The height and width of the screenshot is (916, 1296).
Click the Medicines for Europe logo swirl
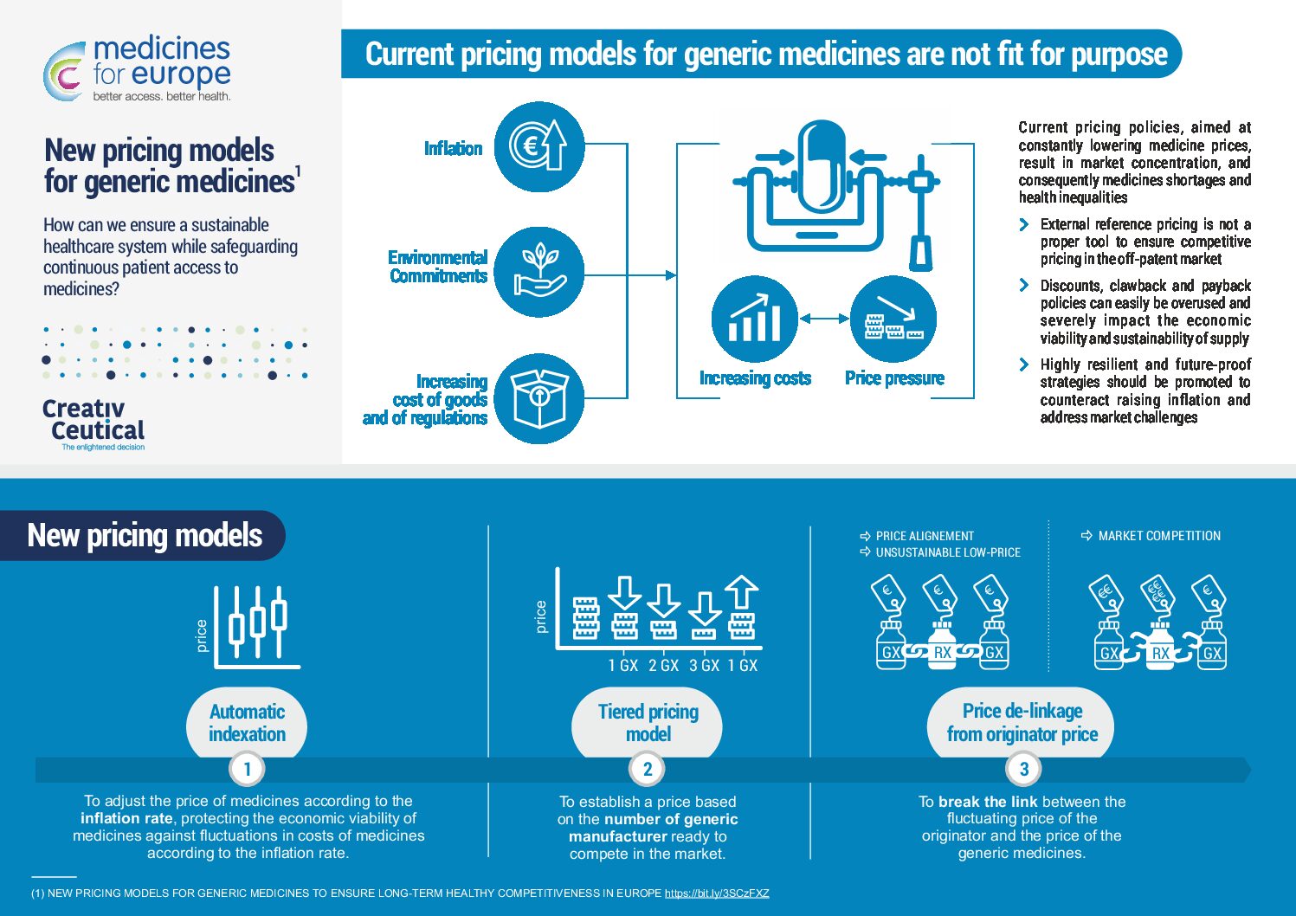[64, 72]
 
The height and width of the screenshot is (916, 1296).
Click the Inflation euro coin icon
[539, 146]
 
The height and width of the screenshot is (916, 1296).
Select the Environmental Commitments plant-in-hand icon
[539, 272]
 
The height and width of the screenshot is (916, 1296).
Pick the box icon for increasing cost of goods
[539, 398]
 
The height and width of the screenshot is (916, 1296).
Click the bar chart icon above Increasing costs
[754, 319]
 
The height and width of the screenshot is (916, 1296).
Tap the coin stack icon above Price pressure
[893, 319]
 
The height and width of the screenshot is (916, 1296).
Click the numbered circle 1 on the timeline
[247, 769]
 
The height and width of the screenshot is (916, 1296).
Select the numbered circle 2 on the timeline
[647, 769]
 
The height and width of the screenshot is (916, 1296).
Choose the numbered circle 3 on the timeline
[1023, 769]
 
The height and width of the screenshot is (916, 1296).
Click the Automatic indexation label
[247, 723]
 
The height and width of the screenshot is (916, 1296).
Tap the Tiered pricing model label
[648, 723]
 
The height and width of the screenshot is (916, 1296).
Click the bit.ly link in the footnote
[717, 893]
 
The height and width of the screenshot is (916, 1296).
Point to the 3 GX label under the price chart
[704, 666]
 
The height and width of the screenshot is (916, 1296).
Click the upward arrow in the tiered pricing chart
[742, 591]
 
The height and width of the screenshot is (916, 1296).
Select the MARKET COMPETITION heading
[1159, 536]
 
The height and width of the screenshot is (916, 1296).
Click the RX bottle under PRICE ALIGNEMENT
[943, 644]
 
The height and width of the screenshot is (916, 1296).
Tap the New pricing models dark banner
[142, 535]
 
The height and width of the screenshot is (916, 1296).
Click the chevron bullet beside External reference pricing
[1024, 224]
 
